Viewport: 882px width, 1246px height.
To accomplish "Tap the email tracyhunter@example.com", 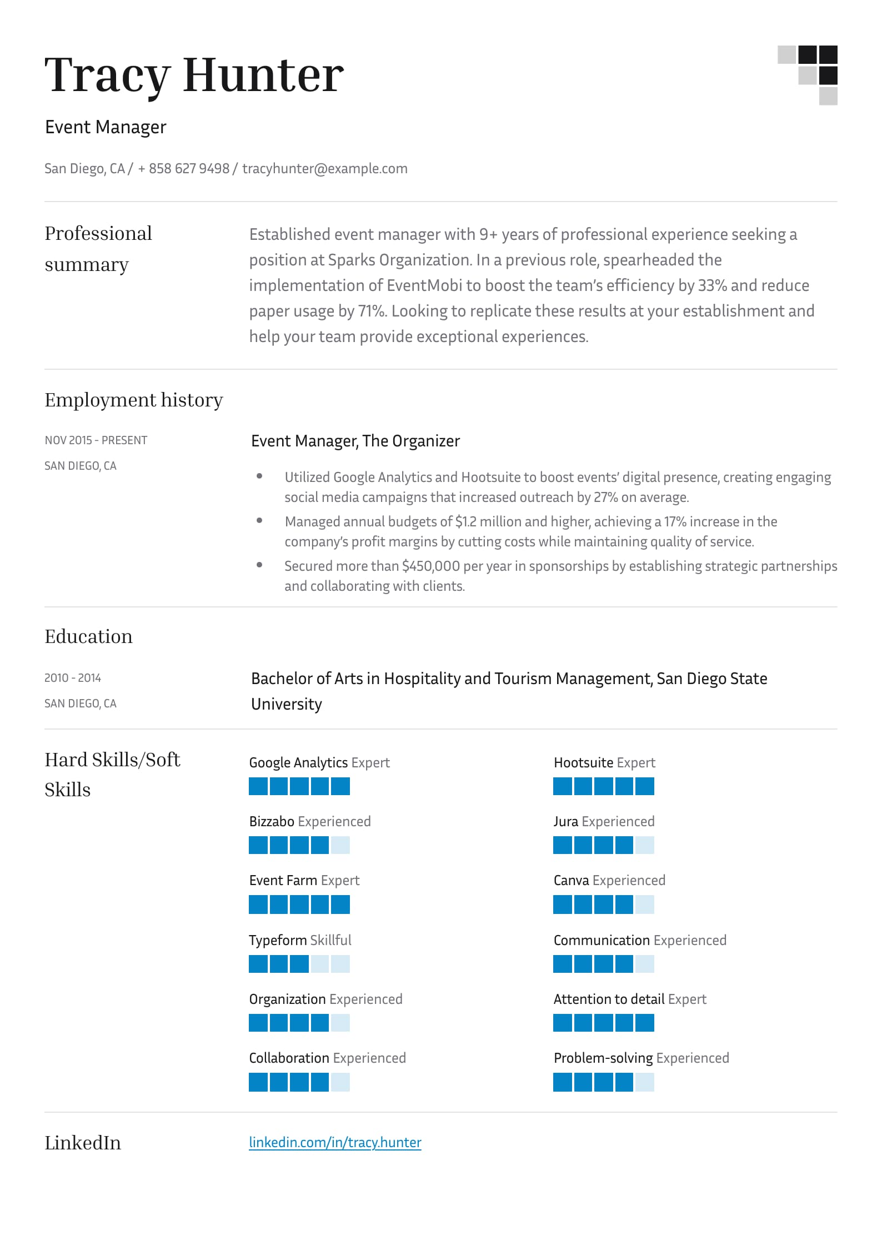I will [x=324, y=168].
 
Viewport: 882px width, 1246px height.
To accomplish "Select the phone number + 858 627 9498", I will [x=183, y=168].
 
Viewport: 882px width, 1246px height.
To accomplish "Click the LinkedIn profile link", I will [x=335, y=1142].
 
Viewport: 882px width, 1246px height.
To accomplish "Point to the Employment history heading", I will [x=134, y=400].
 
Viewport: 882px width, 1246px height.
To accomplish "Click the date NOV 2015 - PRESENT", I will [x=96, y=440].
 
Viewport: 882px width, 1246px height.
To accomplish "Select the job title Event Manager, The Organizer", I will [x=355, y=441].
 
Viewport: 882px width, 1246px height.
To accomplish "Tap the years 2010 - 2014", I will [x=73, y=678].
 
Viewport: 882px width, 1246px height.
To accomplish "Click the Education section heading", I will [x=88, y=636].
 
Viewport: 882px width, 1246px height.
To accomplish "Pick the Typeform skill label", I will [x=278, y=940].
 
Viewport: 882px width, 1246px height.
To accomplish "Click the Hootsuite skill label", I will [x=583, y=762].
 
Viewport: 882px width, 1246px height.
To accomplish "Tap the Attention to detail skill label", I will [x=609, y=999].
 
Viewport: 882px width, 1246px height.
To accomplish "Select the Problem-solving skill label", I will [x=603, y=1058].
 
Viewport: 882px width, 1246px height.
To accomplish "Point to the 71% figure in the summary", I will [x=371, y=311].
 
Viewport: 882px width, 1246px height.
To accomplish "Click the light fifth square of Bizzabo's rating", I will [x=340, y=845].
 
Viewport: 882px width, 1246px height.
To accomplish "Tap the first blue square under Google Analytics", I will [x=258, y=786].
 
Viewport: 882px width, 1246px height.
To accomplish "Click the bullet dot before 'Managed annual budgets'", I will [x=259, y=521].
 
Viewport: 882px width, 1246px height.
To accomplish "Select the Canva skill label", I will [x=571, y=880].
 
